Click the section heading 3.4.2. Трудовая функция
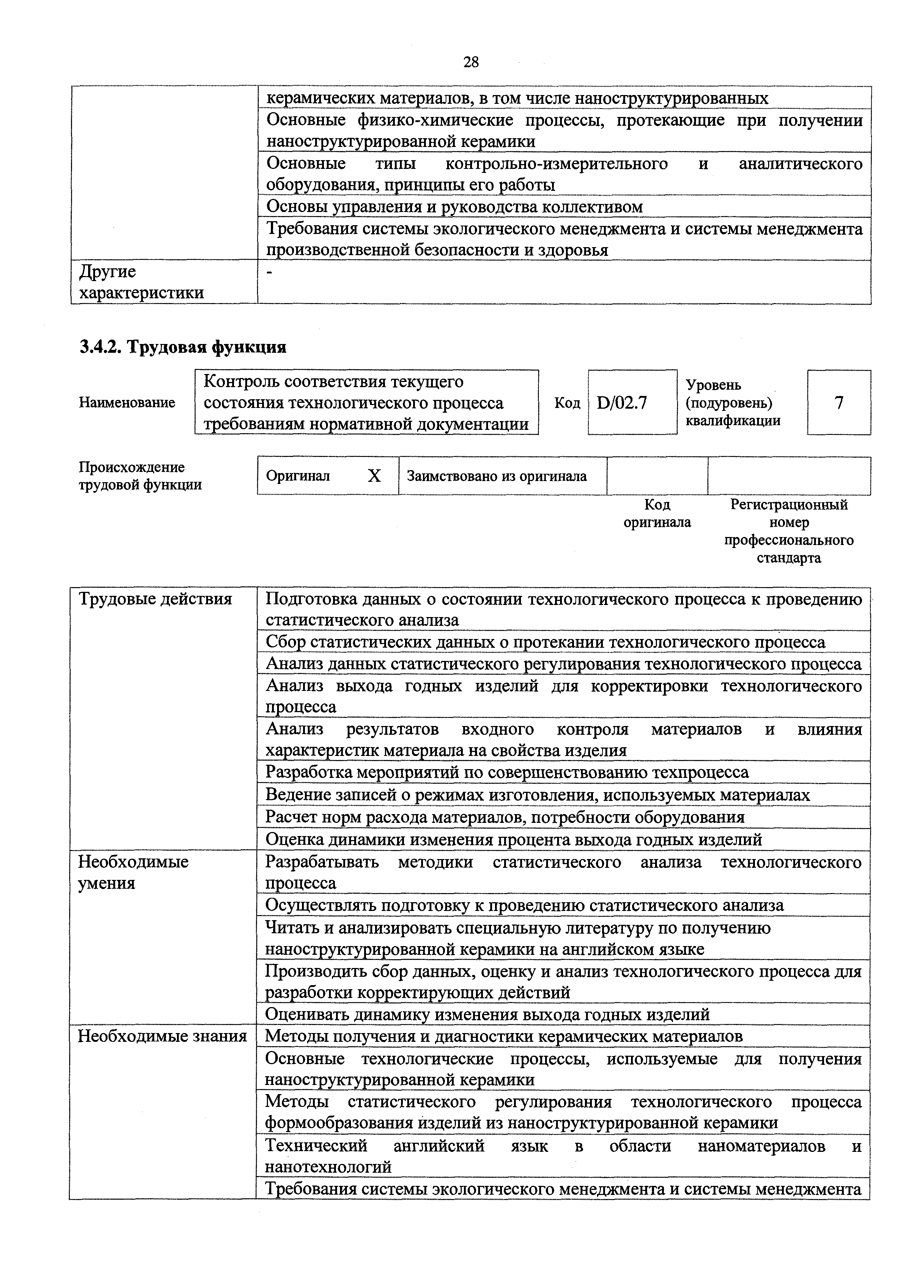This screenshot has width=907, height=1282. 183,347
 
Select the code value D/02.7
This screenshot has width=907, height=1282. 621,402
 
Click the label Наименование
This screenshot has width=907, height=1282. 127,402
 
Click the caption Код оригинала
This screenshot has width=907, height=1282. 657,514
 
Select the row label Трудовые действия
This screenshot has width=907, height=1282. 155,599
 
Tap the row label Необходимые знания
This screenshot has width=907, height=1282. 162,1036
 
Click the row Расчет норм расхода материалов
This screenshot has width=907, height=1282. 504,817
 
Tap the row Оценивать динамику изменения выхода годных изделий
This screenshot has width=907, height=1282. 487,1014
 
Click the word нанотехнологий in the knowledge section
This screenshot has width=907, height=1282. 328,1167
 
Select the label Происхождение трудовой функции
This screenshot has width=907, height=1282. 140,476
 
